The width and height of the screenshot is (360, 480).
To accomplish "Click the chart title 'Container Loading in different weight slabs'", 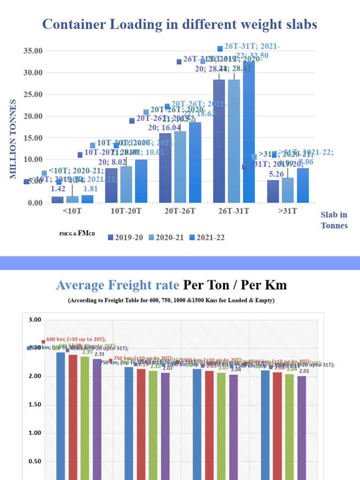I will click(x=180, y=24).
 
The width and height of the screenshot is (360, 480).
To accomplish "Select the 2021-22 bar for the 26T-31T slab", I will click(x=249, y=134).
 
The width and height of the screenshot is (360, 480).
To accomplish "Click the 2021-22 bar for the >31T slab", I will click(x=303, y=185).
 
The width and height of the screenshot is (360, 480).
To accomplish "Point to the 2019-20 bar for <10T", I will click(x=58, y=200).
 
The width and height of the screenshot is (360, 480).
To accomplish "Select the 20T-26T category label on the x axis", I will click(x=180, y=211).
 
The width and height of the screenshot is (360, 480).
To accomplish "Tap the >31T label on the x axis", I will click(x=287, y=211).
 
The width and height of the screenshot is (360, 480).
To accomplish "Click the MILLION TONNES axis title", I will click(x=13, y=139).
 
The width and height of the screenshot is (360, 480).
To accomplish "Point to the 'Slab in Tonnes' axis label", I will click(x=334, y=220).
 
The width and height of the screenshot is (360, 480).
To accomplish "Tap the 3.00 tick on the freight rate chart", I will click(x=35, y=320).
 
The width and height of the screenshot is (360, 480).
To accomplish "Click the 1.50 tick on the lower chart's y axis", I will click(x=35, y=405).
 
